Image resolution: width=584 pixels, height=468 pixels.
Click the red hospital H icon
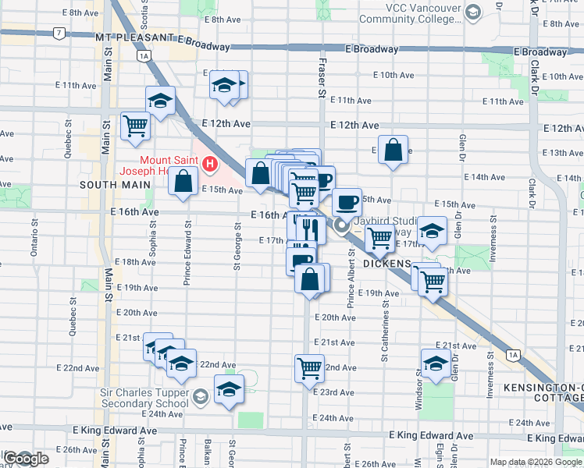coord(209,165)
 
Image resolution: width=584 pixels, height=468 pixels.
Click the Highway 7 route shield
coord(59,34)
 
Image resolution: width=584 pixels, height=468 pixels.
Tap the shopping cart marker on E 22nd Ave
coord(309,367)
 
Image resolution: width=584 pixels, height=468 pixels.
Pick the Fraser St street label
coord(321,78)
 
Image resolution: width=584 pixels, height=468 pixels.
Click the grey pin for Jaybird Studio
coord(341,226)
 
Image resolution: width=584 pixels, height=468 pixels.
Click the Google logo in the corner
coord(26,459)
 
